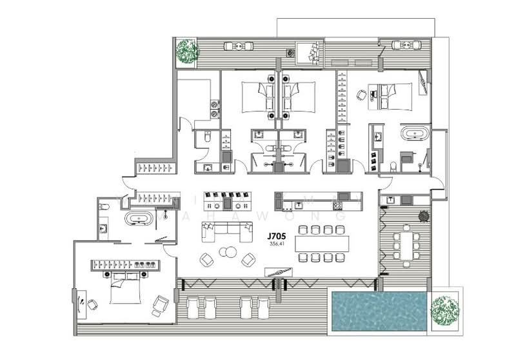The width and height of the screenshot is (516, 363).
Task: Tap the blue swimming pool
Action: (378, 311)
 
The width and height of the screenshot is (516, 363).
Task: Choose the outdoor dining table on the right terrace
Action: (407, 245)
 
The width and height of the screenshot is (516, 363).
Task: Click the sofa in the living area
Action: (228, 230)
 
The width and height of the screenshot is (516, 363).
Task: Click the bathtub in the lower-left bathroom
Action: (138, 219)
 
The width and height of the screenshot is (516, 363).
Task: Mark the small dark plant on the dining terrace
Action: (424, 216)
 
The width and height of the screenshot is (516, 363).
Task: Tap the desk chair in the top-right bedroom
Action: (361, 95)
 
